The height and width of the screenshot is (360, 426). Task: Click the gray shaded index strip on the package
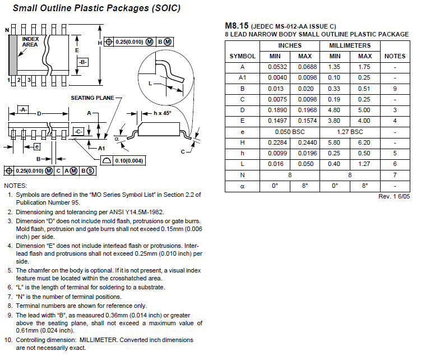tap(13, 55)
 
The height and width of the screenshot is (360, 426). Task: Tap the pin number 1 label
tap(9, 80)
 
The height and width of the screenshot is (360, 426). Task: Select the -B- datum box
tap(83, 62)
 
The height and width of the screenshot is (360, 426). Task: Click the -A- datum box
tap(23, 109)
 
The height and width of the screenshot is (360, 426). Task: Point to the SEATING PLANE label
tap(92, 98)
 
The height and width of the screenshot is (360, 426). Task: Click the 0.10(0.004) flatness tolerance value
tap(129, 160)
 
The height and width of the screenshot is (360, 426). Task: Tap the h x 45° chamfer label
tap(163, 113)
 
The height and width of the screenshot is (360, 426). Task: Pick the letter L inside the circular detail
tap(150, 84)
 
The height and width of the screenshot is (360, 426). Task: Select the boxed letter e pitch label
tap(37, 147)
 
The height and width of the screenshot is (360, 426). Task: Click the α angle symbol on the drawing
tap(117, 139)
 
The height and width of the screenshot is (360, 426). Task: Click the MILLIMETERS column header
tap(350, 45)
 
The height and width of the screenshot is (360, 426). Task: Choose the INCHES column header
tap(290, 45)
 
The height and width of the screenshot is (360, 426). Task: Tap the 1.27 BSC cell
tap(350, 132)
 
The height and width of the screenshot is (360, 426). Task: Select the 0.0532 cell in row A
tap(277, 67)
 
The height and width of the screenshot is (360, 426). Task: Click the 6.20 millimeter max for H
tap(364, 142)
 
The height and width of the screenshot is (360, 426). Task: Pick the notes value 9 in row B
tap(395, 89)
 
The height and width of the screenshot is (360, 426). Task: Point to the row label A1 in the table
tap(242, 78)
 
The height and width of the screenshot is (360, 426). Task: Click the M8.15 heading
tap(237, 26)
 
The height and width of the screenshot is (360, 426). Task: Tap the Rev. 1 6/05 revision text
tap(394, 196)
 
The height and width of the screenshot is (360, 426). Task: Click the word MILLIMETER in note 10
tap(98, 340)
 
